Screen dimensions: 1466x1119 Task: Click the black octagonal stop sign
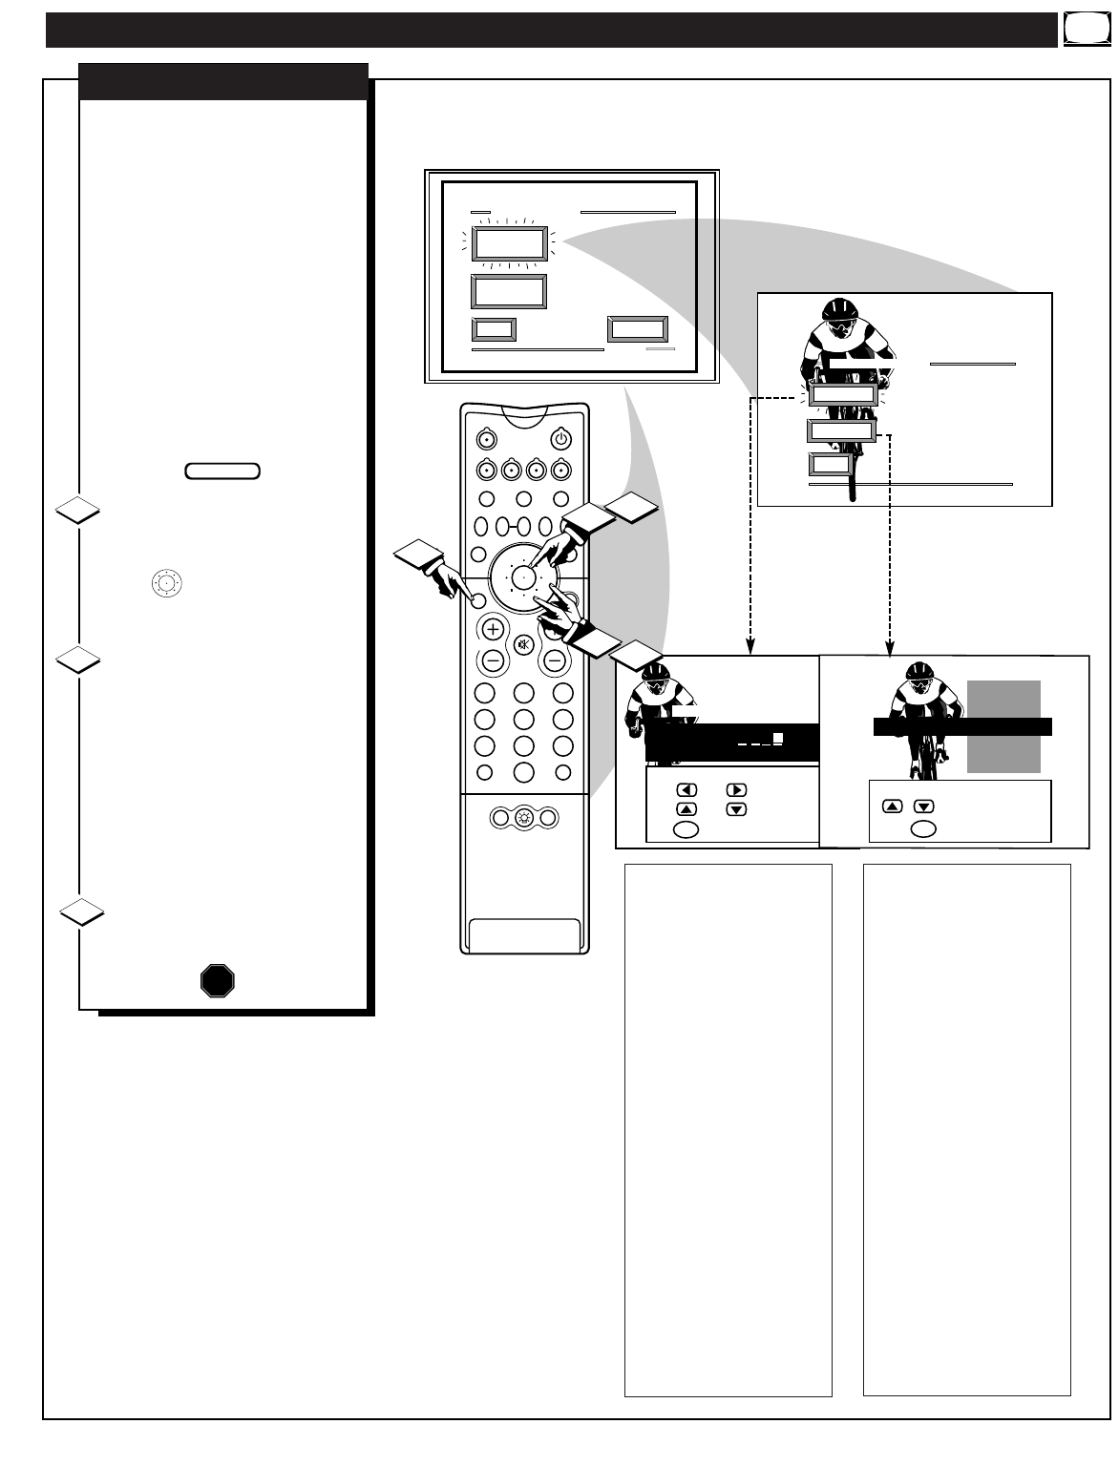pyautogui.click(x=218, y=980)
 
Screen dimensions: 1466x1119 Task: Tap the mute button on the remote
pyautogui.click(x=523, y=644)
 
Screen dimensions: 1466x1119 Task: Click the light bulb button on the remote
pyautogui.click(x=523, y=818)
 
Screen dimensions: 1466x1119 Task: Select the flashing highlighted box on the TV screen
pyautogui.click(x=509, y=245)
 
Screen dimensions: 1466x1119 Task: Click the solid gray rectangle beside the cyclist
pyautogui.click(x=1003, y=727)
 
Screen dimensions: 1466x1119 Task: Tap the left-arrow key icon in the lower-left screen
pyautogui.click(x=686, y=790)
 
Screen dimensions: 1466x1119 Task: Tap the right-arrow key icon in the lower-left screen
pyautogui.click(x=736, y=790)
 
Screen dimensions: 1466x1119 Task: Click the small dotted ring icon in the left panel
pyautogui.click(x=166, y=582)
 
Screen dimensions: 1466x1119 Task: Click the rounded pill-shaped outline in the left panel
pyautogui.click(x=222, y=471)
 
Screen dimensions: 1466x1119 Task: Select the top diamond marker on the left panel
pyautogui.click(x=77, y=512)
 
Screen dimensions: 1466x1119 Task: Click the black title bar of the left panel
pyautogui.click(x=223, y=81)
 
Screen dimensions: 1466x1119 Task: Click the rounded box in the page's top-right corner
pyautogui.click(x=1082, y=31)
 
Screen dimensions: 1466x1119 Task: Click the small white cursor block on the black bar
pyautogui.click(x=778, y=738)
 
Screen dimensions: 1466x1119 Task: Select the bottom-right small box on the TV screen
pyautogui.click(x=638, y=330)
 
